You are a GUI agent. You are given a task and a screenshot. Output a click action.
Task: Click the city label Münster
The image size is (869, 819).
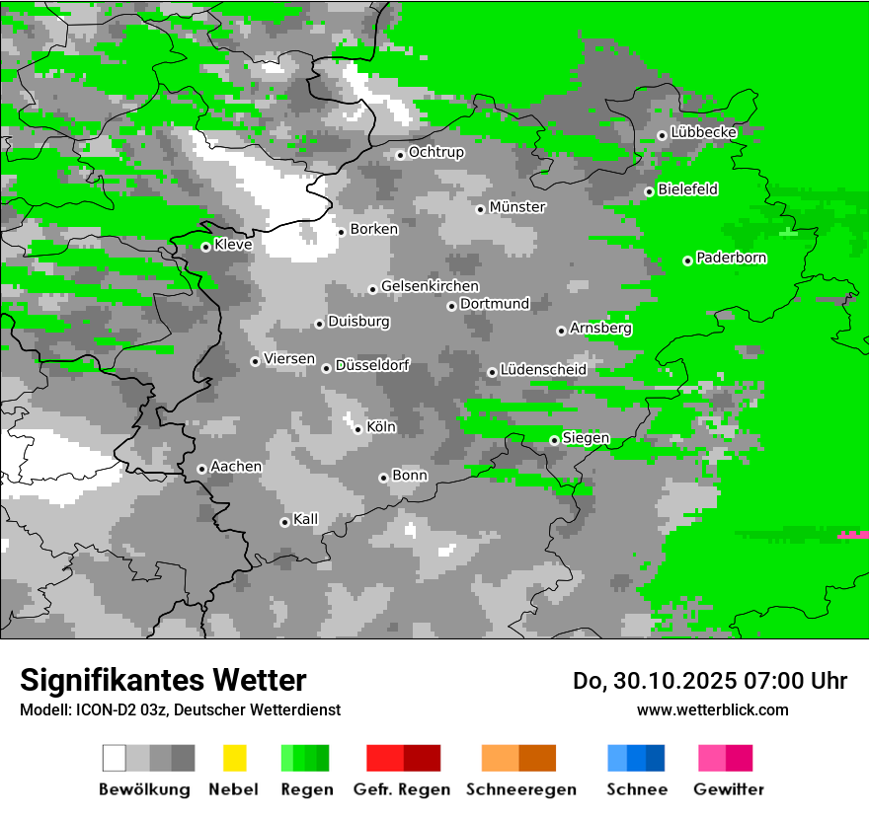pyautogui.click(x=517, y=207)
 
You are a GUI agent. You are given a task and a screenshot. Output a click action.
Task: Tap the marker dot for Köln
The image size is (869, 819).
pyautogui.click(x=358, y=429)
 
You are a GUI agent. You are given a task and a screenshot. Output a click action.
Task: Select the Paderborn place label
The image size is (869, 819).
pyautogui.click(x=732, y=259)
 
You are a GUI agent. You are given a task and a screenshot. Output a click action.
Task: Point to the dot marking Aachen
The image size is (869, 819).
pyautogui.click(x=201, y=469)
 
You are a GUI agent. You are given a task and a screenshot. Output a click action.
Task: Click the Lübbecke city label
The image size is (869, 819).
pyautogui.click(x=704, y=132)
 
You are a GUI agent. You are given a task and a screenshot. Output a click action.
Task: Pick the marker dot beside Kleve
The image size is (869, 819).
pyautogui.click(x=205, y=247)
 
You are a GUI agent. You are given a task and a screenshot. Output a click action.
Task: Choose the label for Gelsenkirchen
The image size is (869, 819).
pyautogui.click(x=430, y=286)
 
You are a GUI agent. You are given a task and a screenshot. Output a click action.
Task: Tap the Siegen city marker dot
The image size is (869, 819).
pyautogui.click(x=554, y=440)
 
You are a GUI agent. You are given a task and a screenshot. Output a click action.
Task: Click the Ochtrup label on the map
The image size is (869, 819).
pyautogui.click(x=436, y=153)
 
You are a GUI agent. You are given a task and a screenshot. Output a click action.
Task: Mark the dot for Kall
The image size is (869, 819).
pyautogui.click(x=284, y=522)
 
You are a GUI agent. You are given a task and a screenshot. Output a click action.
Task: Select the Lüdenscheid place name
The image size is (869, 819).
pyautogui.click(x=543, y=370)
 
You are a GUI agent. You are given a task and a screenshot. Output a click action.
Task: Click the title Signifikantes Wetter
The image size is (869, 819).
pyautogui.click(x=163, y=680)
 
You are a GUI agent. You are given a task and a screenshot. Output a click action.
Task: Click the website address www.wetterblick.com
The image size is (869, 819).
pyautogui.click(x=712, y=709)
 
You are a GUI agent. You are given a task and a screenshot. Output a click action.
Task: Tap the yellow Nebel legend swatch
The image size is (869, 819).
pyautogui.click(x=234, y=758)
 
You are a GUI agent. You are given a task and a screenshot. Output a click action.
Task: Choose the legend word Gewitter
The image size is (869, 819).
pyautogui.click(x=729, y=789)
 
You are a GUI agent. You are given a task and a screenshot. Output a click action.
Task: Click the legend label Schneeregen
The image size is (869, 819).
pyautogui.click(x=521, y=789)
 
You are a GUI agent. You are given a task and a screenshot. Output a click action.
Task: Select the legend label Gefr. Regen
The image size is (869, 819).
pyautogui.click(x=402, y=789)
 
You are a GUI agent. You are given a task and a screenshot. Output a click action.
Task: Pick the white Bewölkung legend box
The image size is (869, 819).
pyautogui.click(x=114, y=758)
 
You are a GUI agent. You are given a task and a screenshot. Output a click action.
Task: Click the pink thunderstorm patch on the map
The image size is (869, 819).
pyautogui.click(x=853, y=534)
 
